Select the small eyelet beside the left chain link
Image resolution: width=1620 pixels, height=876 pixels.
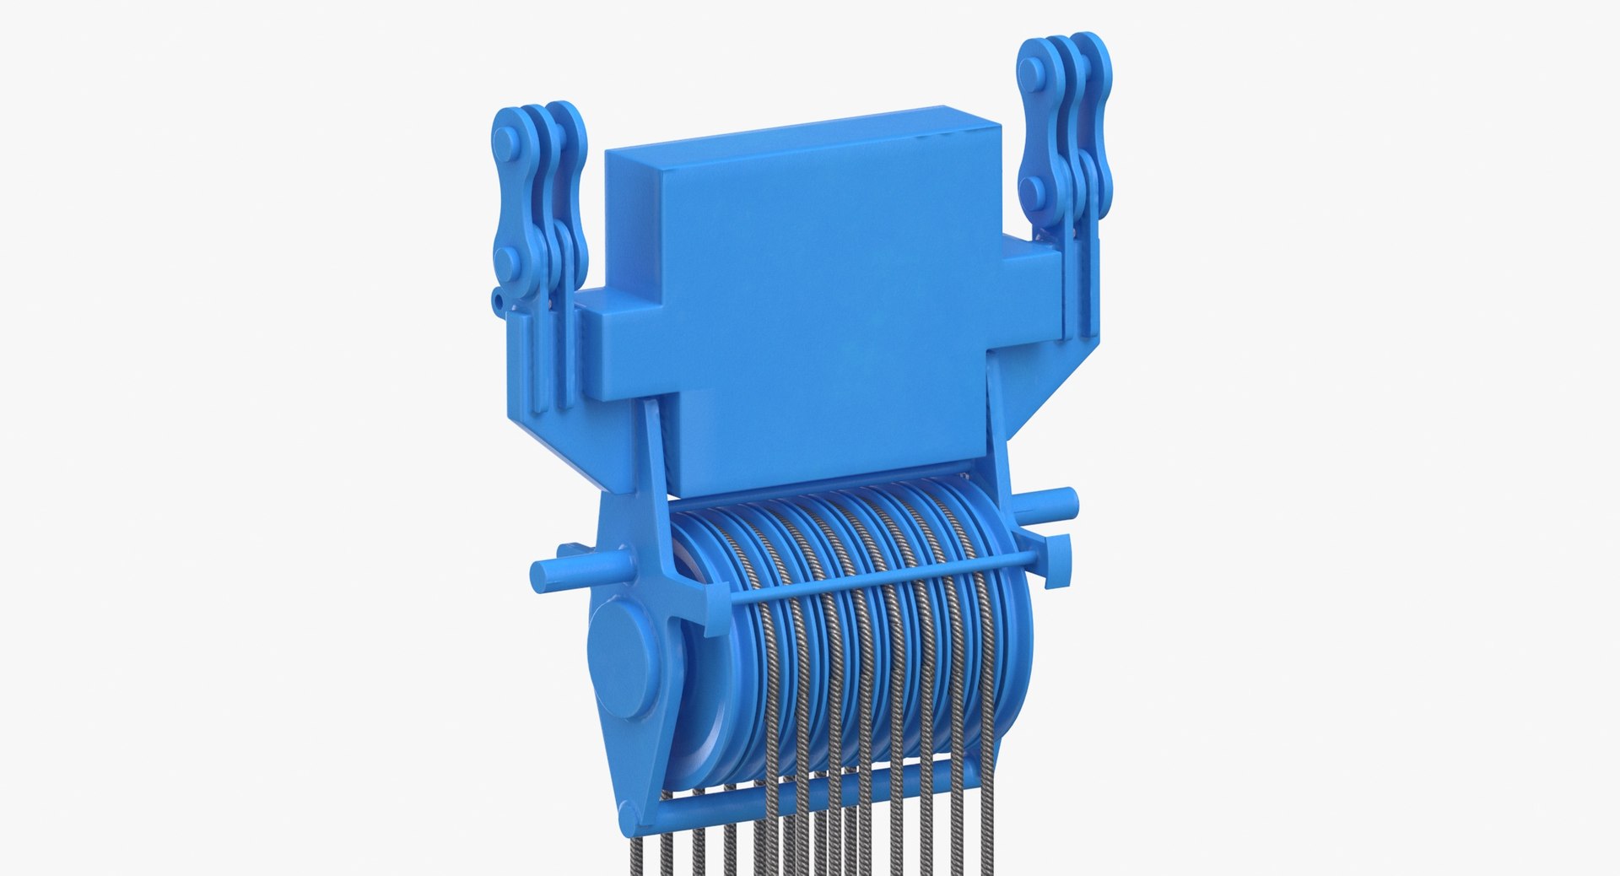tap(499, 298)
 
